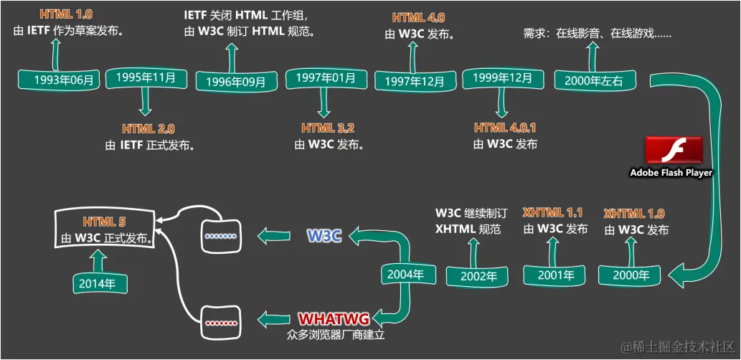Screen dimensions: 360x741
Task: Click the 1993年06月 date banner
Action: pyautogui.click(x=63, y=80)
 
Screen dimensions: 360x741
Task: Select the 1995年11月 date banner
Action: pyautogui.click(x=146, y=77)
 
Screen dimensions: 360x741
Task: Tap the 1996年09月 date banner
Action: pyautogui.click(x=235, y=82)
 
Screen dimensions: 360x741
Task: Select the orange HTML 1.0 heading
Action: pyautogui.click(x=66, y=14)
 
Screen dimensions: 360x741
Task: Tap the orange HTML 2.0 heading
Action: pyautogui.click(x=148, y=129)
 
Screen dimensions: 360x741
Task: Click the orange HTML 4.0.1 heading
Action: pyautogui.click(x=505, y=128)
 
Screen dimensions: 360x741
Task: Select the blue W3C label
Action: pyautogui.click(x=324, y=235)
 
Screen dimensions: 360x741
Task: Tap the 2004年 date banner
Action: pyautogui.click(x=406, y=274)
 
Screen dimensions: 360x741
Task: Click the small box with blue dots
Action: pyautogui.click(x=220, y=235)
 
